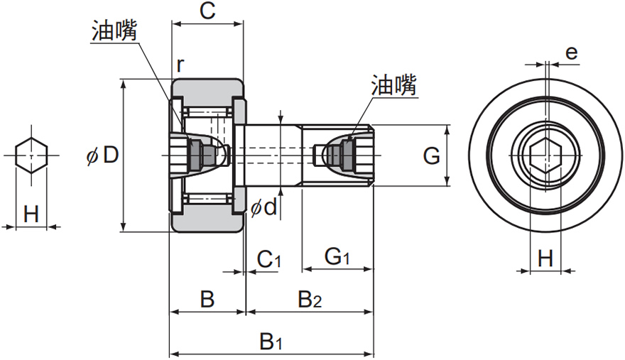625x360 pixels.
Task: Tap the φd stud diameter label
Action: pyautogui.click(x=264, y=207)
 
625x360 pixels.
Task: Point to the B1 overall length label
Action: pyautogui.click(x=271, y=342)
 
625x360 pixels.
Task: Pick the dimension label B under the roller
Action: pyautogui.click(x=207, y=300)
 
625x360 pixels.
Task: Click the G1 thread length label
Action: pyautogui.click(x=336, y=258)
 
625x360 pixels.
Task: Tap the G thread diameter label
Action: pyautogui.click(x=431, y=156)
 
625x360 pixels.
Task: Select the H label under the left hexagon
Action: pyautogui.click(x=31, y=214)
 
